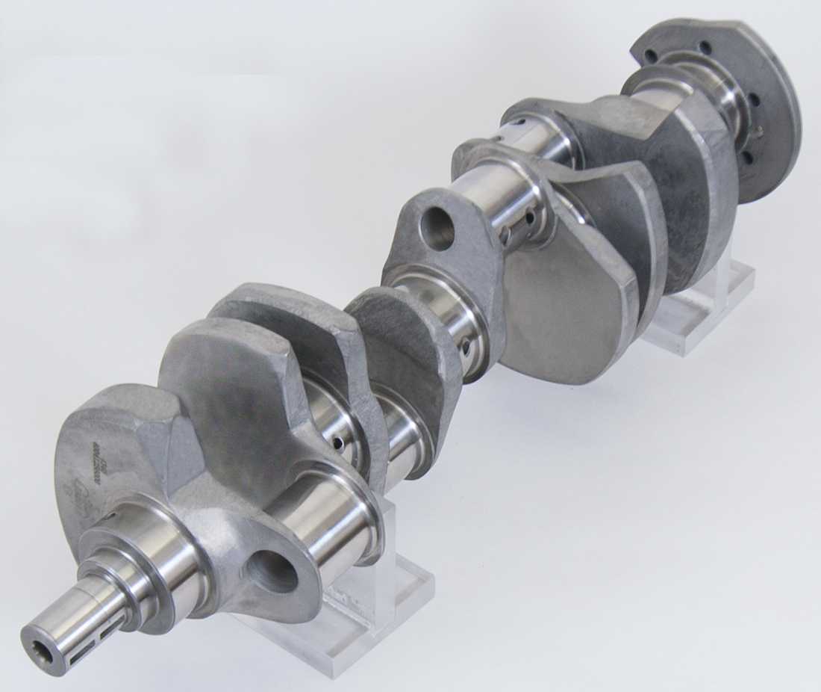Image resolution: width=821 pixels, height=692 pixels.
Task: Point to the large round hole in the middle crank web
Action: click(437, 227)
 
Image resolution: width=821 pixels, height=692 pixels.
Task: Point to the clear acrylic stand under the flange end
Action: click(698, 306)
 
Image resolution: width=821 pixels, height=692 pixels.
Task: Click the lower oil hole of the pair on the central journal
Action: click(505, 238)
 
